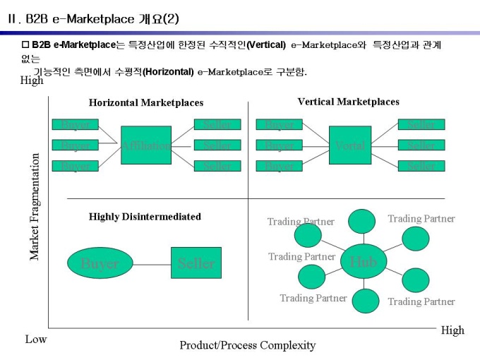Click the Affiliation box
point(146,145)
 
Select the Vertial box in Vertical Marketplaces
point(350,145)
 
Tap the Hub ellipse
point(363,261)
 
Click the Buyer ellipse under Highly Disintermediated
point(100,264)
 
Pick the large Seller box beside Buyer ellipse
point(196,263)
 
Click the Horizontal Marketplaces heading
point(145,102)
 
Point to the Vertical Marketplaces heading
point(348,102)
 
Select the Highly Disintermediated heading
point(145,217)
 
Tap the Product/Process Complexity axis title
point(247,345)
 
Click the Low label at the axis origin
point(36,340)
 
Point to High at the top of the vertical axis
point(32,80)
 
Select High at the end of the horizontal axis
point(452,330)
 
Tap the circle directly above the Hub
point(363,221)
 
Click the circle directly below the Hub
point(365,301)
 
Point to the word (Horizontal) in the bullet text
point(169,72)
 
